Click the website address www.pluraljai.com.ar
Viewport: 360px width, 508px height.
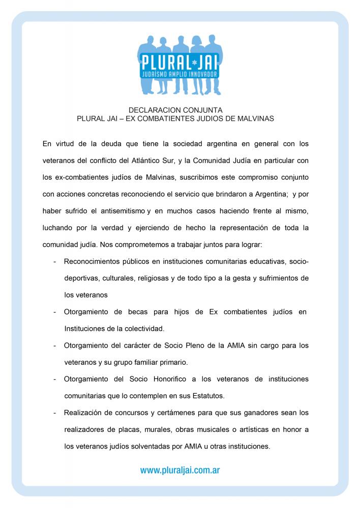(x=180, y=470)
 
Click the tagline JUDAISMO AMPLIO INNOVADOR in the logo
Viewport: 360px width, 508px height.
(x=181, y=74)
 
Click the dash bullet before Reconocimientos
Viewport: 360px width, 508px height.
(x=54, y=262)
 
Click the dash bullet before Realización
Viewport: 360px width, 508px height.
(x=54, y=412)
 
